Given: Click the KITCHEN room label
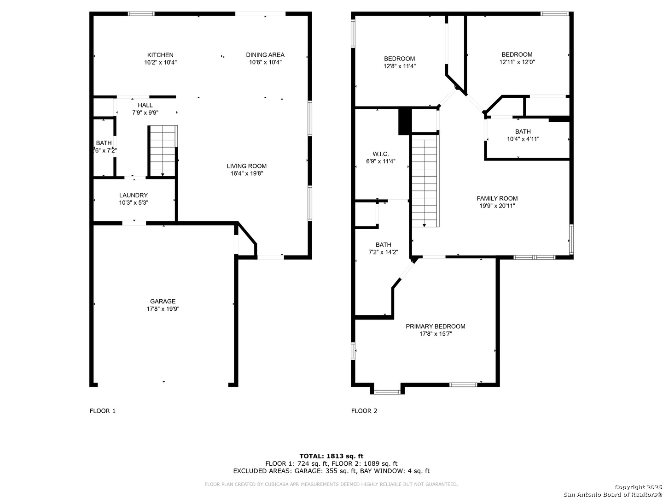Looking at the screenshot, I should (160, 55).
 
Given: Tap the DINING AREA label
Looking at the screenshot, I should (265, 55).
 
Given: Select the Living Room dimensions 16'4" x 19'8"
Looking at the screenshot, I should (247, 174).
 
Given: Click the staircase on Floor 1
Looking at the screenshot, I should (163, 150).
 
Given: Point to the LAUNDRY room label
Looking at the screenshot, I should (134, 195).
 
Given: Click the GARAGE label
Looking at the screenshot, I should (163, 302).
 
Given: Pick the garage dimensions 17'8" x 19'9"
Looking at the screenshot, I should (163, 309).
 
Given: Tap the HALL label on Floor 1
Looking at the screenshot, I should (145, 105).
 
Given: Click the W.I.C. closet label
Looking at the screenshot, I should (381, 154).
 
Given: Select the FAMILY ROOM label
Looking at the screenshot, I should (497, 198).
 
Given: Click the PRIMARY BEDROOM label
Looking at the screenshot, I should (435, 326).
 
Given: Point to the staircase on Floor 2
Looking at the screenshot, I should (424, 180).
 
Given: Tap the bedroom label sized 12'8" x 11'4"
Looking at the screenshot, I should (399, 59).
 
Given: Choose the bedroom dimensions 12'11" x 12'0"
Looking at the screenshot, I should (517, 62).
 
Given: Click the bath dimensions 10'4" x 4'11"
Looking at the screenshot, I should (523, 139).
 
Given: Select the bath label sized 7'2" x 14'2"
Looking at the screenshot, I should (383, 245).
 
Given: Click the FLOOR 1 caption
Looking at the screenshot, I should (102, 411).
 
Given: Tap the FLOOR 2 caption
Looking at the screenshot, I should (364, 411).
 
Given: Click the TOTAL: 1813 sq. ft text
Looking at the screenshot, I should (331, 456).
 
